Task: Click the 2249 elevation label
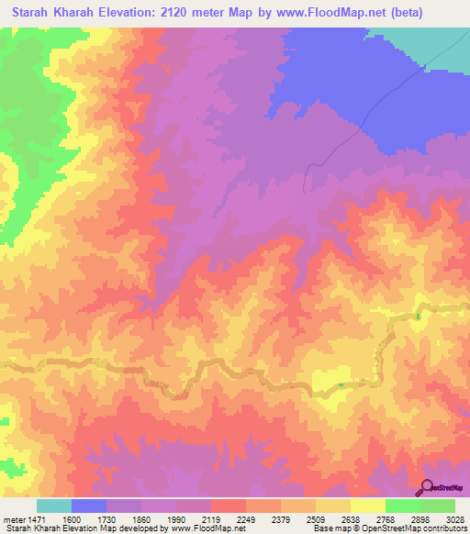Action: (247, 519)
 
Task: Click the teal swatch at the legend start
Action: (54, 506)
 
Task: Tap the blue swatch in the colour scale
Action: (89, 506)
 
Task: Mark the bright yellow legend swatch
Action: (368, 506)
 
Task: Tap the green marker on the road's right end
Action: (418, 317)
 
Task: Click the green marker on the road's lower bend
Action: (341, 384)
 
